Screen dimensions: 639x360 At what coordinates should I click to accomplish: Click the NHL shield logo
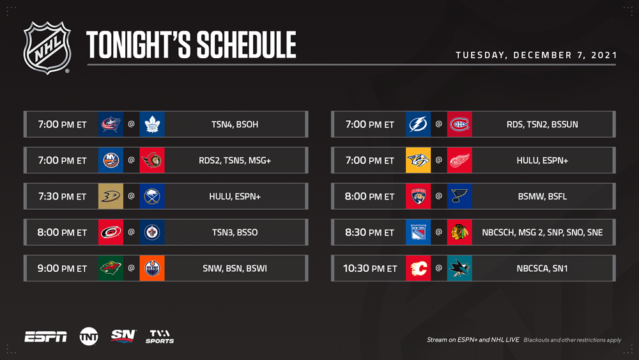47,48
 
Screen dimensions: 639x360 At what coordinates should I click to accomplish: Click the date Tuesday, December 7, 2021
536,55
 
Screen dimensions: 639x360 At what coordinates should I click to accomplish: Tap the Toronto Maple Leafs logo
152,124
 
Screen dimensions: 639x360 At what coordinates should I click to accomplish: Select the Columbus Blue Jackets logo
111,124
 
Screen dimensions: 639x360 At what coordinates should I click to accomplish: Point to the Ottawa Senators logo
152,160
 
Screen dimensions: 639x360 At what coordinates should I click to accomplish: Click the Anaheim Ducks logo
111,196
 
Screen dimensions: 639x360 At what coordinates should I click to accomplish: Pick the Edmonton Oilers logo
152,269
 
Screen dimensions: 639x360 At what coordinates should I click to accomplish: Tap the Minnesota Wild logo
111,269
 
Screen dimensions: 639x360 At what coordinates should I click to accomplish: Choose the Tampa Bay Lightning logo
418,124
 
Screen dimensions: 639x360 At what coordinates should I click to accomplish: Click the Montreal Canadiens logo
459,124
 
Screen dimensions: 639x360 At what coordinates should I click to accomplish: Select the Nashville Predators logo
418,160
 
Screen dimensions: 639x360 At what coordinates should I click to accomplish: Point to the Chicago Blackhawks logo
459,232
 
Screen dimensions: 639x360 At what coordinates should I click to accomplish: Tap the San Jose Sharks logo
459,269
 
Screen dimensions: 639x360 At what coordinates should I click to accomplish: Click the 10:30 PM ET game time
370,269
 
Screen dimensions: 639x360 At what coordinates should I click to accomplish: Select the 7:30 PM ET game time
63,196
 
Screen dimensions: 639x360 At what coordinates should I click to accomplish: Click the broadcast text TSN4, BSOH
235,124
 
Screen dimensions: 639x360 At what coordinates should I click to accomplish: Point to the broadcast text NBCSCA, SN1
542,269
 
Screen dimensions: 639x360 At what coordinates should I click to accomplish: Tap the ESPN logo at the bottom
45,337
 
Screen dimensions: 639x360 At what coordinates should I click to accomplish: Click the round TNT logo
89,336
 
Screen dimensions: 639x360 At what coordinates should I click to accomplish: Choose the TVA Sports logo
160,336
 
